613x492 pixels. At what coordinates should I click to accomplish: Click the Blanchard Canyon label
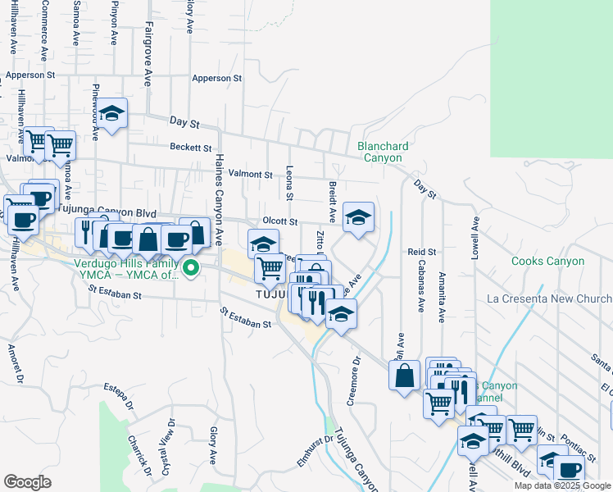click(383, 152)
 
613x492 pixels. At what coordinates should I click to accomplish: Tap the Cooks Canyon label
click(547, 262)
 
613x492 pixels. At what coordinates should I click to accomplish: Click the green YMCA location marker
click(191, 267)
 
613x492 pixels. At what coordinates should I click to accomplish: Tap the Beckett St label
click(191, 148)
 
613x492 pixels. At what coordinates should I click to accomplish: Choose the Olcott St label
click(279, 221)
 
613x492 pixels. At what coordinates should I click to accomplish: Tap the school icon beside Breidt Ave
click(358, 217)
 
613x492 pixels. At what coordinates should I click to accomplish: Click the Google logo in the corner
click(27, 481)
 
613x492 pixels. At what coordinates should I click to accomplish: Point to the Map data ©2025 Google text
click(562, 485)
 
